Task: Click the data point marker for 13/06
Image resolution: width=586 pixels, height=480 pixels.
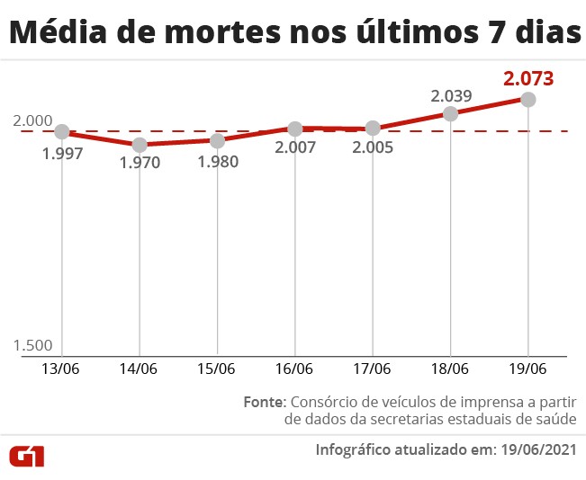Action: (x=62, y=131)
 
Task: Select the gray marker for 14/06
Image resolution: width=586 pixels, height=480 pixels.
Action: (x=140, y=144)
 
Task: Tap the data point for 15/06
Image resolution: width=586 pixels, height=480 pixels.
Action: (x=217, y=140)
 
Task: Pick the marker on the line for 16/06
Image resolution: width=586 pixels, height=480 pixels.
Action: (x=295, y=129)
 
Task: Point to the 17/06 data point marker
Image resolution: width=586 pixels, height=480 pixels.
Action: (x=373, y=129)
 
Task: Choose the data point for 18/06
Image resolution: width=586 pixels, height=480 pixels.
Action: (x=450, y=113)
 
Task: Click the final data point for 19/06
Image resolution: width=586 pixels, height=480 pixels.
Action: (x=528, y=99)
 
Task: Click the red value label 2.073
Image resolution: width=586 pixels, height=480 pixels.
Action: (x=528, y=77)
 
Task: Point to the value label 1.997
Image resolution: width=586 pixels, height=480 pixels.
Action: (x=62, y=154)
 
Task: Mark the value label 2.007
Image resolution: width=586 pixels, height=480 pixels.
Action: (x=295, y=148)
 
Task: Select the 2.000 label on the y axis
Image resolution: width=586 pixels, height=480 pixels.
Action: (x=33, y=120)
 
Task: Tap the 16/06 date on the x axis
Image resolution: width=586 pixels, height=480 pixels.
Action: (x=295, y=369)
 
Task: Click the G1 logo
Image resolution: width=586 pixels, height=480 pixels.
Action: (x=27, y=456)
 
